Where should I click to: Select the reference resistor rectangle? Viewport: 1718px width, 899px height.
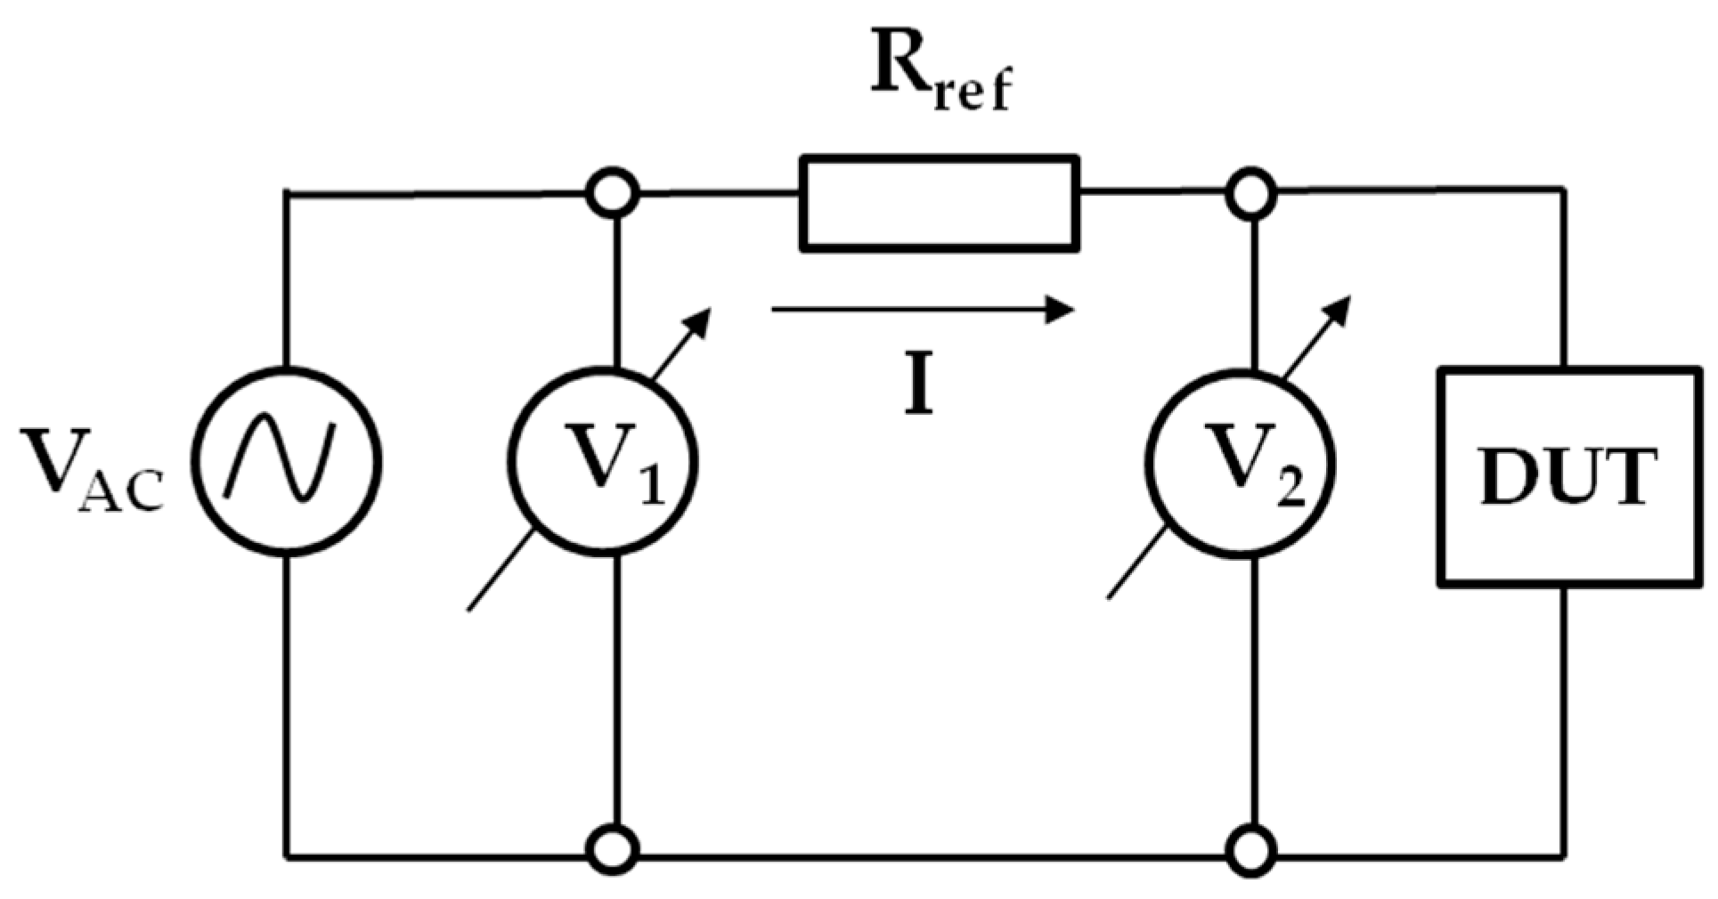[940, 204]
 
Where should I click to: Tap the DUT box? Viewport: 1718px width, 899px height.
[1568, 477]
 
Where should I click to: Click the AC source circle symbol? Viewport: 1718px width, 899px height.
[287, 463]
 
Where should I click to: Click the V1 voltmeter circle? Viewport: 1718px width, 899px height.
[602, 463]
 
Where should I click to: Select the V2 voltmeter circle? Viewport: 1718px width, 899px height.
[1241, 463]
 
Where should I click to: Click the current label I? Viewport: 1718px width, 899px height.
[919, 390]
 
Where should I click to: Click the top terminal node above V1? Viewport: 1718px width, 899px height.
[613, 192]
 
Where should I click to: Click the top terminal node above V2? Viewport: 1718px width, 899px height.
[1251, 192]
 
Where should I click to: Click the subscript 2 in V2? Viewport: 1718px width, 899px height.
[1290, 489]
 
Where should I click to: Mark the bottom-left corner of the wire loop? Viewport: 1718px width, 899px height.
[287, 858]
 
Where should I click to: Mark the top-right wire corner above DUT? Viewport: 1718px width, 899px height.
[1564, 190]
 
